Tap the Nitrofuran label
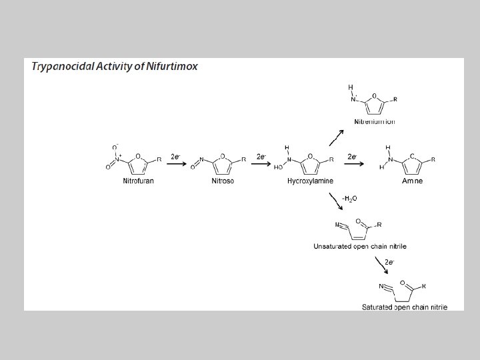(139, 181)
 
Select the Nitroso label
(223, 181)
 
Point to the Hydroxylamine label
(310, 181)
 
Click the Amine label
(411, 181)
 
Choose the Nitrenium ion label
(375, 122)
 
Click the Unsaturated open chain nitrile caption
(360, 246)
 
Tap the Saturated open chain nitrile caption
(405, 307)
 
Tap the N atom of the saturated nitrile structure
(382, 286)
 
